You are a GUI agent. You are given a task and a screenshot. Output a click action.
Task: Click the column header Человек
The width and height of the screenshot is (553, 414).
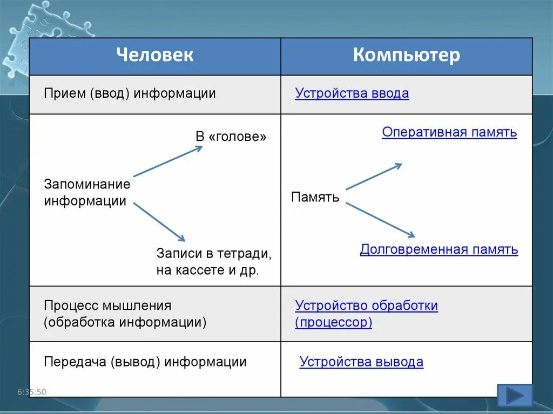[x=154, y=55]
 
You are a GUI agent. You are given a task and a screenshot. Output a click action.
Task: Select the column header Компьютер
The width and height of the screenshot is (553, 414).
[x=407, y=55]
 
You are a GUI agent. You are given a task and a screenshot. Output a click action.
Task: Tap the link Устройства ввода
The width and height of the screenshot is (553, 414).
[x=352, y=93]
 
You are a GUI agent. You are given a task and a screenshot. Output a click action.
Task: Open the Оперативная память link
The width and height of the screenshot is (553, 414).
[x=449, y=132]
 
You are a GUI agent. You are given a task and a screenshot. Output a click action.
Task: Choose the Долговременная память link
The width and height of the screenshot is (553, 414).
[x=439, y=249]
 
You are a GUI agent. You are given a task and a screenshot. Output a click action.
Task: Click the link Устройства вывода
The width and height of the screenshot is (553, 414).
[x=361, y=362]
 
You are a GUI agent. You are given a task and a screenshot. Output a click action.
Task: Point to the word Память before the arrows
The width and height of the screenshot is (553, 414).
[x=315, y=197]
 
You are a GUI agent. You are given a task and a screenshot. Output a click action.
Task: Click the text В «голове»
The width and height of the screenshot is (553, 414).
[x=231, y=137]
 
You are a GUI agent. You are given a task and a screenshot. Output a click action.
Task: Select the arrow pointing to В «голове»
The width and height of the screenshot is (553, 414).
[x=168, y=161]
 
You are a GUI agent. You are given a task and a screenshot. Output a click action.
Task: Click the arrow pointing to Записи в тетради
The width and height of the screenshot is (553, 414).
[x=159, y=222]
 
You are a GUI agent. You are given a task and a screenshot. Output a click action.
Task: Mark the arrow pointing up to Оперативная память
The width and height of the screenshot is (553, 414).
[x=374, y=177]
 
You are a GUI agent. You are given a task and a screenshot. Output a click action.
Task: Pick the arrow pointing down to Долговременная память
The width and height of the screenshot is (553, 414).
[x=380, y=220]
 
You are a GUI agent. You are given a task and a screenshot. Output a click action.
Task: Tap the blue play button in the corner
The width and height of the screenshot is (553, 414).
[x=514, y=396]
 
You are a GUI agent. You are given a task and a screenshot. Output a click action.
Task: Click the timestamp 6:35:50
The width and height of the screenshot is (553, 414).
[x=32, y=392]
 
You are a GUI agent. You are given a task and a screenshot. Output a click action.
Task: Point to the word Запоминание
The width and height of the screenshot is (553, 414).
[x=87, y=184]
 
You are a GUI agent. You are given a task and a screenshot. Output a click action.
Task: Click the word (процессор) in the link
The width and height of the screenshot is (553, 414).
[x=334, y=323]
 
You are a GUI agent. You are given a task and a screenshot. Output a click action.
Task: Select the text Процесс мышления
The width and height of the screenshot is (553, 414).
[x=107, y=306]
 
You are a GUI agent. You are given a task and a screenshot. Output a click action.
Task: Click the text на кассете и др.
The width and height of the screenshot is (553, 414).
[x=208, y=270]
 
